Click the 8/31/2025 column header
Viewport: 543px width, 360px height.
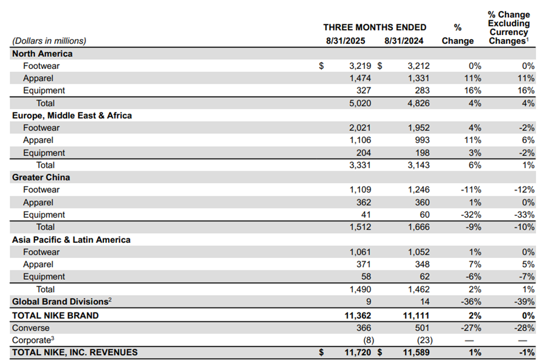(345, 41)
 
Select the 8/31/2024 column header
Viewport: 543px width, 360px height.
(404, 41)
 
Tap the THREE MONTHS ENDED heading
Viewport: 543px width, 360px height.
(375, 28)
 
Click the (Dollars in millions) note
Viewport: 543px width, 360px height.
(49, 41)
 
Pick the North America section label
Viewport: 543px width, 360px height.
(43, 53)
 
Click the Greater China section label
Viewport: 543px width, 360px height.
(41, 177)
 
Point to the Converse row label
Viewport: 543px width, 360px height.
(30, 328)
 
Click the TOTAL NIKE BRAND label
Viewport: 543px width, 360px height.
(55, 316)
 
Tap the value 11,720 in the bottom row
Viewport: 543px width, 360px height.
(358, 353)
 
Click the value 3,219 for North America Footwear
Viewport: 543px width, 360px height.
(360, 66)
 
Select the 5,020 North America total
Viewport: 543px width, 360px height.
(360, 103)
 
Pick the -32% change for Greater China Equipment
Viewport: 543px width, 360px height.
(471, 215)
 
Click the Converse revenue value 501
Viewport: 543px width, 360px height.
(422, 328)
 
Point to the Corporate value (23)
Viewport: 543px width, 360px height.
(425, 340)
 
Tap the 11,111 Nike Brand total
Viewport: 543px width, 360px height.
(416, 316)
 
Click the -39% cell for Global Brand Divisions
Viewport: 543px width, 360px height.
(524, 301)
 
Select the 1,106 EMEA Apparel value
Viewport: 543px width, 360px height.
(360, 140)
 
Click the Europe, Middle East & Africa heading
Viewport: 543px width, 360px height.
(72, 115)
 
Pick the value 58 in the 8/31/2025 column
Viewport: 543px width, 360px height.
(366, 277)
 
